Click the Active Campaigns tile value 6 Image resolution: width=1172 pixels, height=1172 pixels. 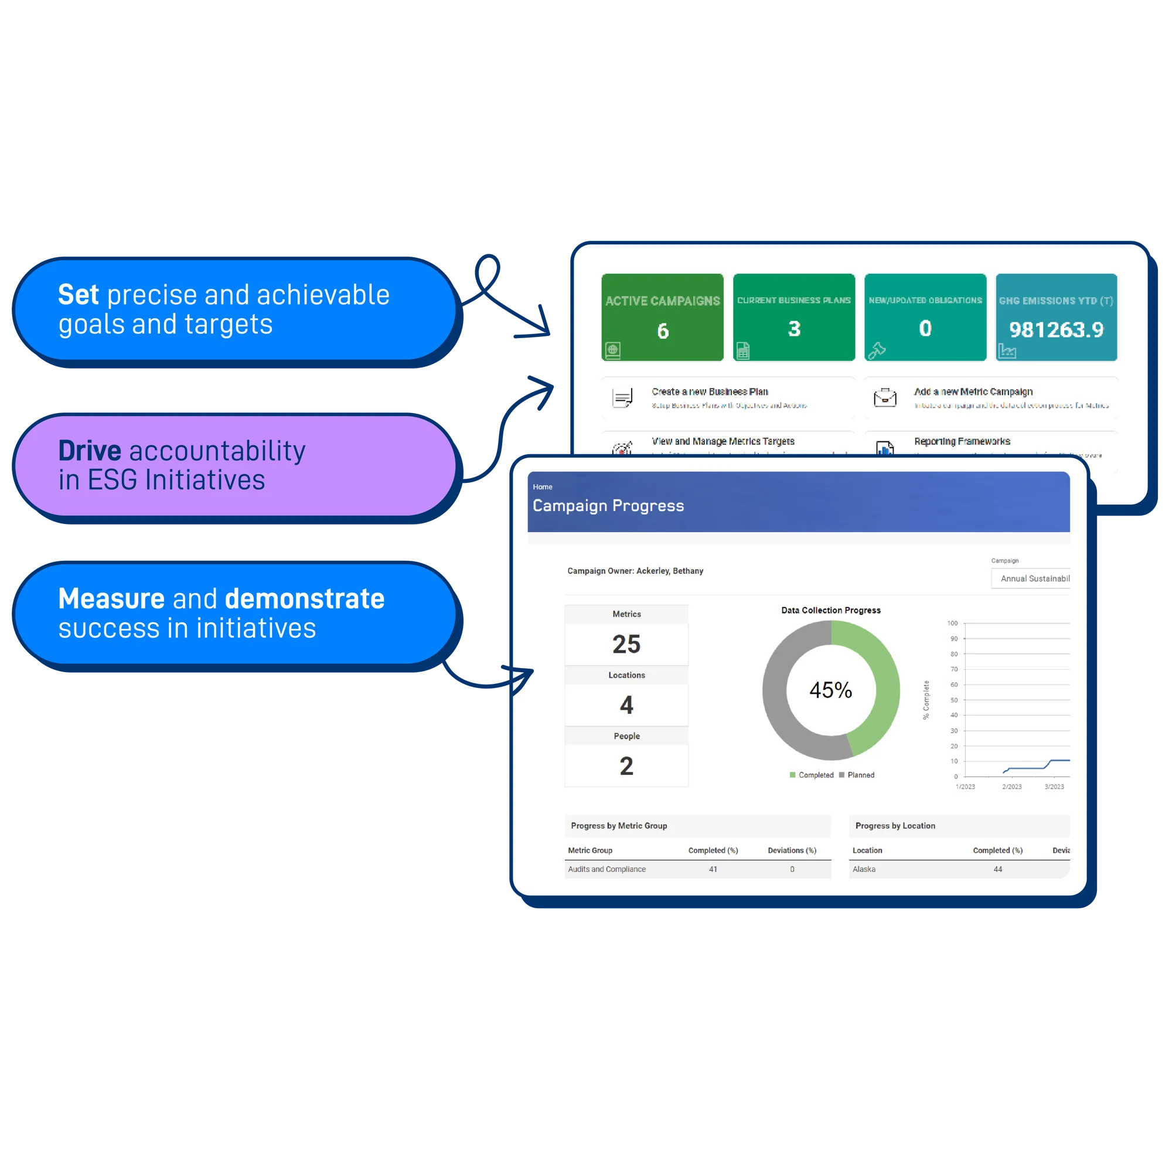point(662,331)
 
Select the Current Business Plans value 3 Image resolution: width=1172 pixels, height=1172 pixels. point(793,329)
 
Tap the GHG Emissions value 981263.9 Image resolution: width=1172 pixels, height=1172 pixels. point(1056,329)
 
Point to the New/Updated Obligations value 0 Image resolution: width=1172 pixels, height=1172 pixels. point(925,328)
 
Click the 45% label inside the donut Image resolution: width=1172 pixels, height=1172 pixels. point(830,690)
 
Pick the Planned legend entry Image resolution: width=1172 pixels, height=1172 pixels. point(860,775)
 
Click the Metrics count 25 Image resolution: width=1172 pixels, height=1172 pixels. point(626,643)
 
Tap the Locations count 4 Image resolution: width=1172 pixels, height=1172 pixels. point(626,705)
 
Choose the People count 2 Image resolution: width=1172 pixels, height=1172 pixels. point(626,766)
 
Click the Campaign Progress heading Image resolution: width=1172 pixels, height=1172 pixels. point(608,505)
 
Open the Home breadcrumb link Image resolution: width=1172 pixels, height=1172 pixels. point(542,486)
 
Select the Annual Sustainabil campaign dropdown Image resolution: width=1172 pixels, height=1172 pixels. point(1031,578)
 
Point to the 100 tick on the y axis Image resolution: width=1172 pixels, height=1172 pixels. point(952,623)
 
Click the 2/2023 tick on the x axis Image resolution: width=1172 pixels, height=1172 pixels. point(1011,787)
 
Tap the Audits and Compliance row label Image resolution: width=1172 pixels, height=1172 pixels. point(607,868)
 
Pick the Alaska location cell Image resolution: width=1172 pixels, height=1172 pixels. point(864,868)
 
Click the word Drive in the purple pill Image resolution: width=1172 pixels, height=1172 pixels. point(90,451)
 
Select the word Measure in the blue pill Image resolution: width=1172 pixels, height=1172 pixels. point(111,599)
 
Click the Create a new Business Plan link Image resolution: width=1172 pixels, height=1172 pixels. point(710,392)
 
